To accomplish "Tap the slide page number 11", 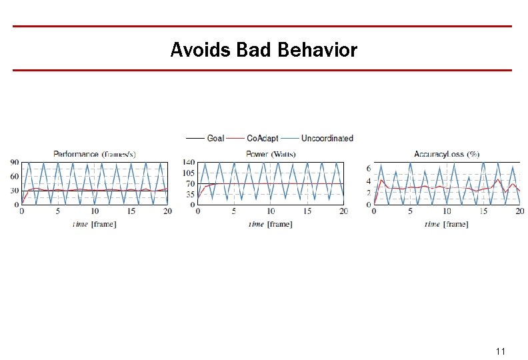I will pos(501,351).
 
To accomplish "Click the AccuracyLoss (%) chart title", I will pos(447,154).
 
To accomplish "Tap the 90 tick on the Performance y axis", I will pos(14,163).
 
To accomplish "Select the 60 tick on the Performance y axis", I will pos(14,177).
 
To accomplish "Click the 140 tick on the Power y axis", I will pos(188,163).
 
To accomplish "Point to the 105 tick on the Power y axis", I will pos(188,173).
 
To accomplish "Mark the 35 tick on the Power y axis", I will pos(190,195).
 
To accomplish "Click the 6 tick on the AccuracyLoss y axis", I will pos(368,169).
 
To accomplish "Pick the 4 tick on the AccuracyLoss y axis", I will pos(368,181).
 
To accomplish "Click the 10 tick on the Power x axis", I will pos(271,211).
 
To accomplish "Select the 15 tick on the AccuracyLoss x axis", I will pos(483,211).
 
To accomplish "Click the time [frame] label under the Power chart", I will pos(270,224).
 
